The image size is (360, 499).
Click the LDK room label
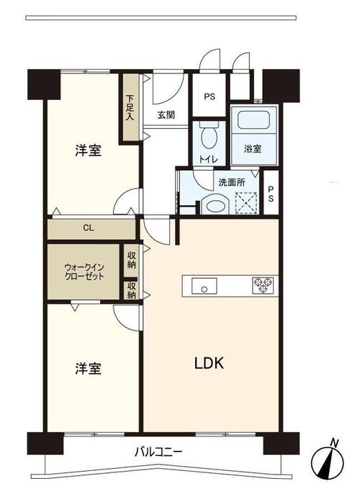point(209,363)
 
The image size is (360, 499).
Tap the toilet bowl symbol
point(209,136)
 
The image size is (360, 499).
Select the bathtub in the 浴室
point(254,120)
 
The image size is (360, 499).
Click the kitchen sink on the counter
point(204,286)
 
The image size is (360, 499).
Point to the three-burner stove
point(263,285)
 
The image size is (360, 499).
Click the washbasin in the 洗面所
point(215,206)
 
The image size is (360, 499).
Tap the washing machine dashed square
point(246,203)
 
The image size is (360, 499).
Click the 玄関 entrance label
point(166,114)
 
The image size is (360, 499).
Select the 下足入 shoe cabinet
point(129,107)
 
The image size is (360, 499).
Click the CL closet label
point(89,228)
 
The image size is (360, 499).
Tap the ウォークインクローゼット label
point(84,271)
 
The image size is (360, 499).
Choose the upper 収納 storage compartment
point(131,260)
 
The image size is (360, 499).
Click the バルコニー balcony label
point(158,451)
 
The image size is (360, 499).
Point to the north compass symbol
point(328,462)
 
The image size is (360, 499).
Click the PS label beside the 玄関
point(210,96)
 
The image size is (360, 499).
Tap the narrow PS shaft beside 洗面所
point(271,193)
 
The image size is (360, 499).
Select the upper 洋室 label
point(88,150)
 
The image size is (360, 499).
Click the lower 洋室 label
point(88,368)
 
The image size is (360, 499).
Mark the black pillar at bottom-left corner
point(45,443)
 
